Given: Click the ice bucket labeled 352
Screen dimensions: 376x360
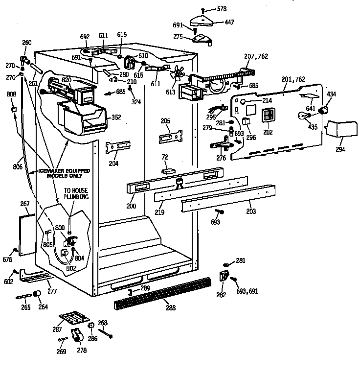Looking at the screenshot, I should [81, 117].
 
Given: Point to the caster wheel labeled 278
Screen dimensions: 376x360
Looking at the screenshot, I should [76, 336].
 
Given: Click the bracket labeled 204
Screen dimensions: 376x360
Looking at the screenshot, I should [118, 147].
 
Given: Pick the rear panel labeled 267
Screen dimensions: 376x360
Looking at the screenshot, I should [27, 230].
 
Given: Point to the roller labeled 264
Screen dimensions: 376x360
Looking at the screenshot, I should [36, 294].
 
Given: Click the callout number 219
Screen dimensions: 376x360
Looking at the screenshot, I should [159, 212].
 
